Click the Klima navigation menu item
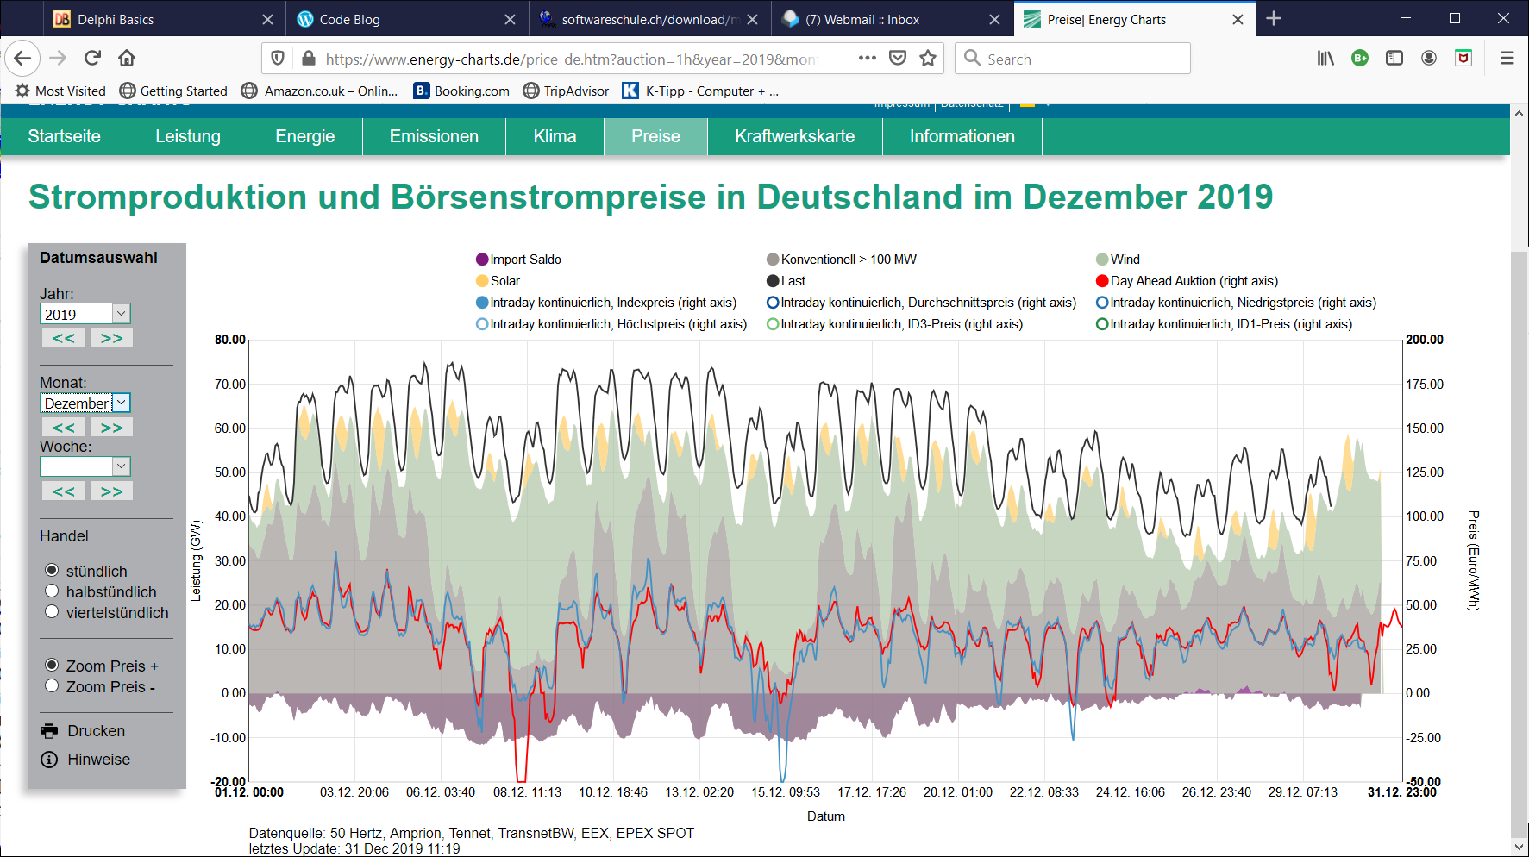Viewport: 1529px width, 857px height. click(555, 136)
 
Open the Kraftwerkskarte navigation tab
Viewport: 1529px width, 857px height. click(794, 136)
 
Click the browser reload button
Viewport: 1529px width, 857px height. click(92, 59)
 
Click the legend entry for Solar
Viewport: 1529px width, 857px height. click(504, 281)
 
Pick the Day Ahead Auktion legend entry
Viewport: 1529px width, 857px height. click(1194, 281)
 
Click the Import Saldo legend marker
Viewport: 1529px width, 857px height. click(483, 260)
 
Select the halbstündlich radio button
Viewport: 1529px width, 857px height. click(52, 591)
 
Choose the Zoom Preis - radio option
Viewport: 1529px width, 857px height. click(52, 686)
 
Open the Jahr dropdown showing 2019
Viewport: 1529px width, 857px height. click(85, 314)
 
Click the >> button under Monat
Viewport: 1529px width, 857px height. click(111, 428)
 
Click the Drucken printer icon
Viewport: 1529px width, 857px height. click(49, 731)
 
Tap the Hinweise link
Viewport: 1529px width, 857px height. click(98, 760)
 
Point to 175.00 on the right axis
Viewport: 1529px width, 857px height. click(1424, 385)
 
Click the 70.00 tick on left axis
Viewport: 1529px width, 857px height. click(229, 385)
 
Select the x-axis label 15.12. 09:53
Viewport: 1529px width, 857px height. click(785, 792)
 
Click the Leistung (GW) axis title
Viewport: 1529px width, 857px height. click(196, 560)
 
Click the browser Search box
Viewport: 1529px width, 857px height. click(1073, 59)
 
